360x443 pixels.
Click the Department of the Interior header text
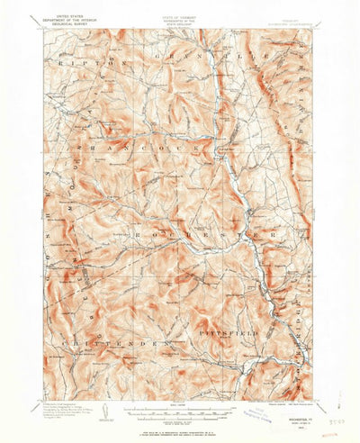[x=67, y=21]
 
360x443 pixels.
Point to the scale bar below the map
[x=180, y=407]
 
